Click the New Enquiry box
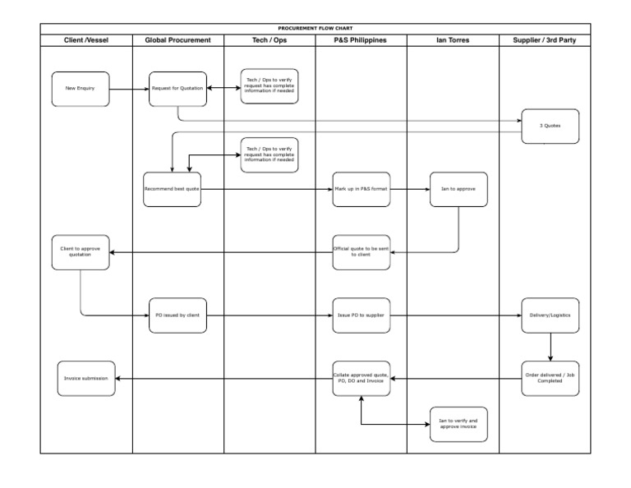click(81, 88)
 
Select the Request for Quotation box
click(177, 88)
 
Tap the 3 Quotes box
click(550, 126)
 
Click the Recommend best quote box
click(172, 189)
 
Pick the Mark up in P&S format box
click(362, 189)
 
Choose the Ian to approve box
click(458, 189)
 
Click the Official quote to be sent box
click(362, 252)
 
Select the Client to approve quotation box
click(81, 252)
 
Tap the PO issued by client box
click(177, 315)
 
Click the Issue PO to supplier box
click(362, 315)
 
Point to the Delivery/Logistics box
click(550, 315)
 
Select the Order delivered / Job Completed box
click(550, 378)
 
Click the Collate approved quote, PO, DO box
click(362, 378)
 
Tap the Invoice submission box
click(86, 378)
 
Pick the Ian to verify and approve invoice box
click(458, 424)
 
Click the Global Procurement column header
click(177, 39)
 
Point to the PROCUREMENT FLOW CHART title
click(315, 28)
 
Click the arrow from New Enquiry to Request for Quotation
click(129, 88)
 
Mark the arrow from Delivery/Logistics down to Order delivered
click(550, 347)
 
